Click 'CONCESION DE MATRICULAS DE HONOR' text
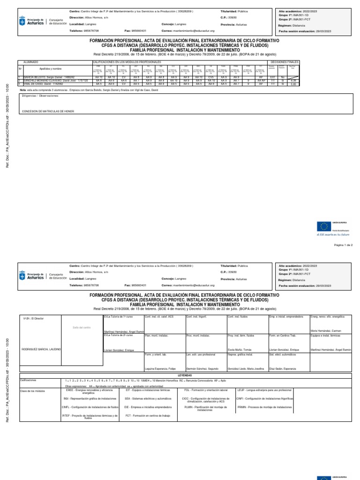click(48, 112)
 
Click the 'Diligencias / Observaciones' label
click(40, 96)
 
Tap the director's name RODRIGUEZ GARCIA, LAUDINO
click(41, 350)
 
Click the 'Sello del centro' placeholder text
click(81, 327)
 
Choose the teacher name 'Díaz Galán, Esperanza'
click(282, 368)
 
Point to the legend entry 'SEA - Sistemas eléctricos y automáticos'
click(146, 398)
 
